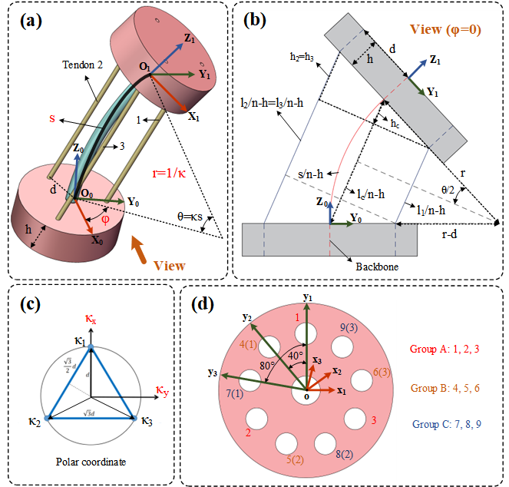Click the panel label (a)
point(32,21)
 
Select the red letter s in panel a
point(51,119)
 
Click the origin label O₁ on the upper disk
point(144,68)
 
